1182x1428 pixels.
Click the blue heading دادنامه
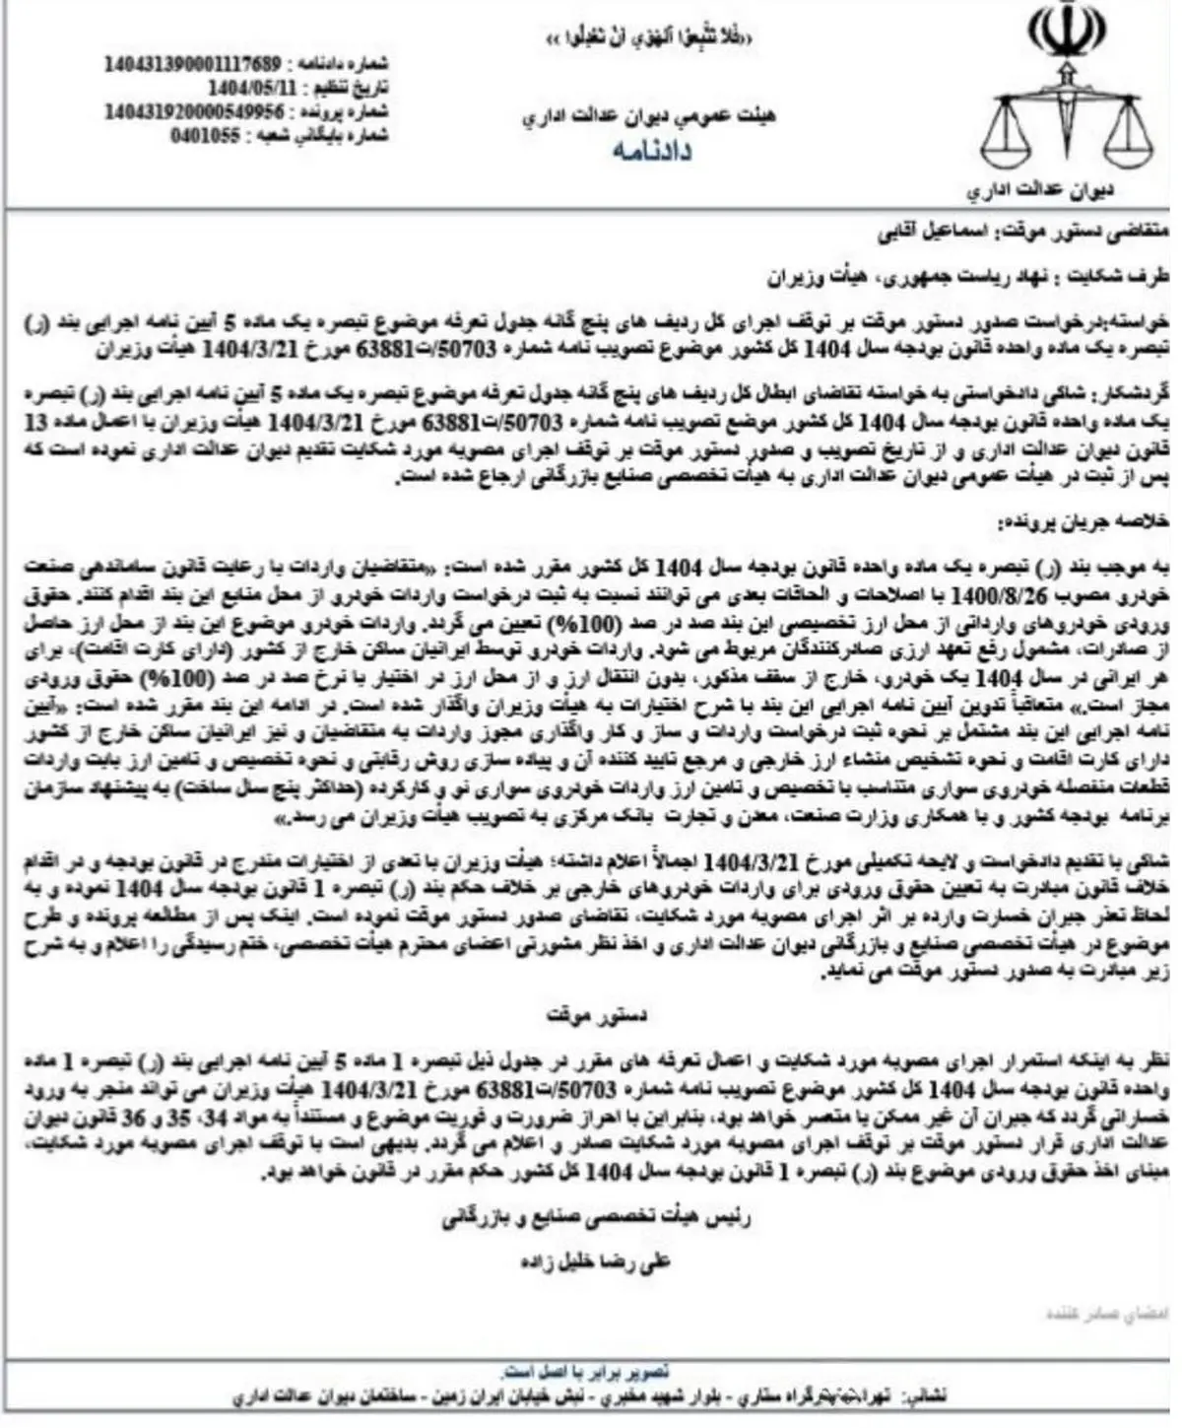pyautogui.click(x=650, y=151)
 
